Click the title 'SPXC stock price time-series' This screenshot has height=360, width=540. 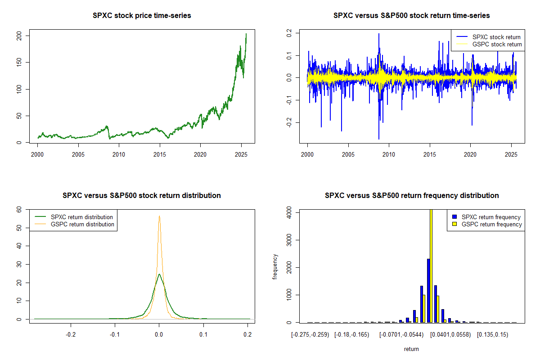click(142, 16)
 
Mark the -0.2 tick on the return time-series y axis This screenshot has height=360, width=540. click(291, 123)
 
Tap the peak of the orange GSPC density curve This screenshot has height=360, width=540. click(159, 216)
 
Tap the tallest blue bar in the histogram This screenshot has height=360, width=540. click(428, 290)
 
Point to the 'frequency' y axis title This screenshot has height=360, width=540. click(275, 266)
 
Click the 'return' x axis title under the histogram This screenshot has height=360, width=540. click(411, 349)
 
